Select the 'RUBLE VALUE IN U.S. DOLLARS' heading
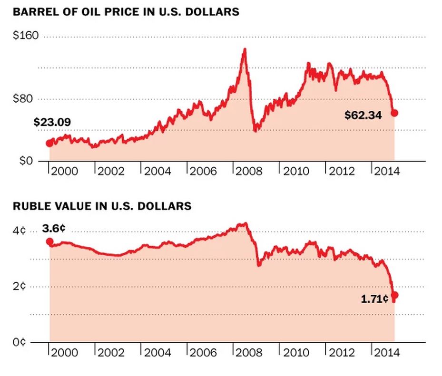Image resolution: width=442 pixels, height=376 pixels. [x=102, y=206]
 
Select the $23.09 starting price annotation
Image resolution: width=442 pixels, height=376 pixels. [x=52, y=123]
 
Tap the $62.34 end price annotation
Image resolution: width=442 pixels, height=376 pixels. [x=363, y=115]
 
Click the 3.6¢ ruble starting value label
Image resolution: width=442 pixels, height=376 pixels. [x=54, y=229]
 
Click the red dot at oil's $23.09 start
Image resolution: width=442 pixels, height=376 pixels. [x=49, y=144]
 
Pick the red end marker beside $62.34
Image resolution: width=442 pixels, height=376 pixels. [x=394, y=113]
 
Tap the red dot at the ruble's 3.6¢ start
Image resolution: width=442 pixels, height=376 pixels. [x=49, y=241]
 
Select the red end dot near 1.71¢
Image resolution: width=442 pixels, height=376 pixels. [x=394, y=295]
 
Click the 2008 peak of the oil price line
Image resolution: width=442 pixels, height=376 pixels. [x=245, y=49]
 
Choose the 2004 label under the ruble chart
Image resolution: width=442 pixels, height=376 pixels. [x=157, y=353]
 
